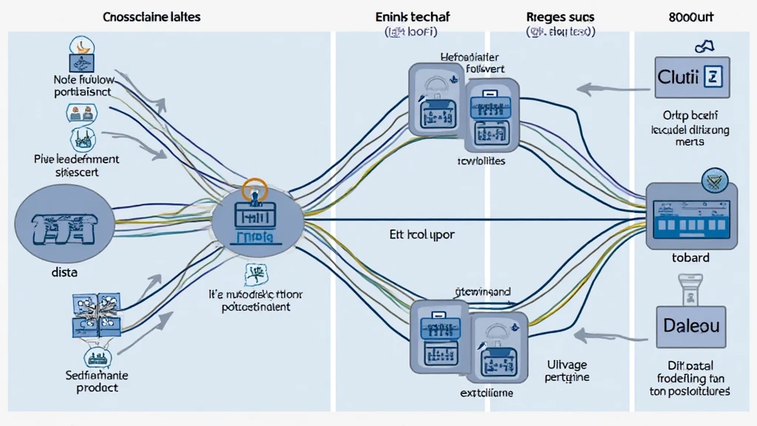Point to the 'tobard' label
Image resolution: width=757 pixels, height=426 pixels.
[x=690, y=258]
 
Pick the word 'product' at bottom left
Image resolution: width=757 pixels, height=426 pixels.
[x=97, y=388]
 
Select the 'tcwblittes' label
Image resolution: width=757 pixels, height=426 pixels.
[x=472, y=160]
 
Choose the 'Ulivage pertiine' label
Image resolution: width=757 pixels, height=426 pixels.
[x=568, y=370]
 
